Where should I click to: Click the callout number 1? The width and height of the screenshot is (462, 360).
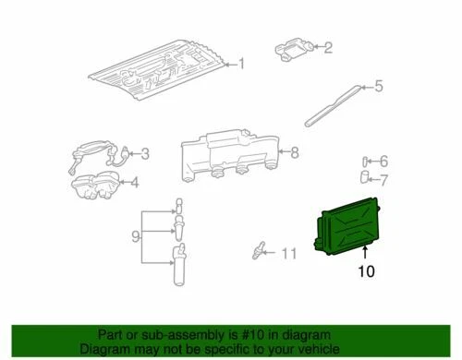coord(241,64)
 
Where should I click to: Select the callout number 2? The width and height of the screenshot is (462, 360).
coord(327,47)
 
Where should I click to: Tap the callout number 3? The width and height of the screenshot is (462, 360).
coord(144,154)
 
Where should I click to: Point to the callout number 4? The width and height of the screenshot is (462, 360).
coord(134,182)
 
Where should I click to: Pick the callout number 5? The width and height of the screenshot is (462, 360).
coord(377,89)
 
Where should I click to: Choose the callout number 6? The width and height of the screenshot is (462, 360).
coord(384,161)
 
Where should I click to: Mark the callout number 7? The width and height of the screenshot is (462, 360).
coord(384,179)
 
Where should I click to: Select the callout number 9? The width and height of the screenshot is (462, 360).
coord(136,237)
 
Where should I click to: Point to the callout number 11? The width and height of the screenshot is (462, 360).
coord(289,253)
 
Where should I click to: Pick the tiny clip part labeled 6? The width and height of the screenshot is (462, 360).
coord(366,161)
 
